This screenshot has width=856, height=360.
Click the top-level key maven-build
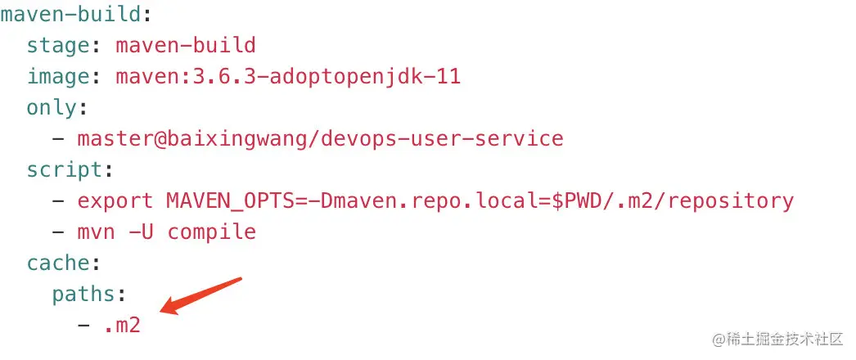[71, 14]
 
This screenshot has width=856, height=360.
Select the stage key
[58, 45]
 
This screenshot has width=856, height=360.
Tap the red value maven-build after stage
[186, 45]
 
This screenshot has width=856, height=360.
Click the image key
[58, 76]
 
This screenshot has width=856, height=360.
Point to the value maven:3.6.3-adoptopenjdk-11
[288, 76]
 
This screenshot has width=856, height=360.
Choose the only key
[52, 107]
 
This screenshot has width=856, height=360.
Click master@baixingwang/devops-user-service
[321, 138]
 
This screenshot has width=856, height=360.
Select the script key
[65, 170]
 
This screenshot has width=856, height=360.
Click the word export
[115, 201]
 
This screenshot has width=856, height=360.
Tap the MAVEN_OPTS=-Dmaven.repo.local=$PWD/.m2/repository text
[480, 201]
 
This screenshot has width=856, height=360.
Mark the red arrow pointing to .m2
[200, 296]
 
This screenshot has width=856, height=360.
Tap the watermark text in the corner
[777, 339]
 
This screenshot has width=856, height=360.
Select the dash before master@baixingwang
[58, 138]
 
